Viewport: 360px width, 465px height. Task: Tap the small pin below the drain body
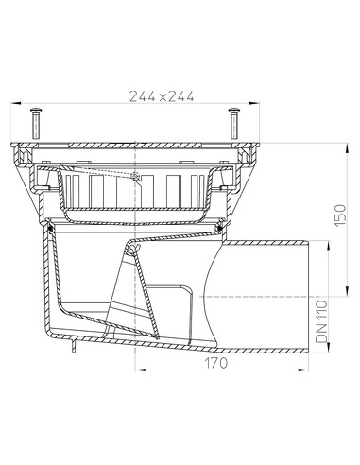pos(71,353)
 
